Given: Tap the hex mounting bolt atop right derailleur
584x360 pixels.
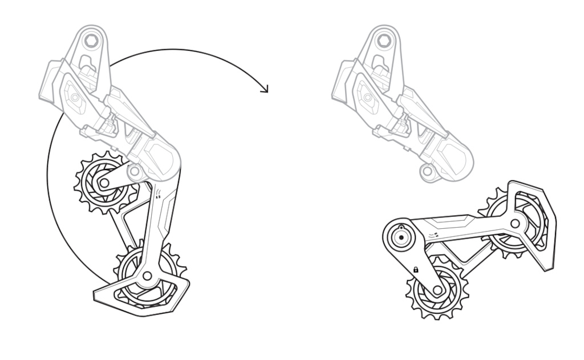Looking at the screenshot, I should (384, 41).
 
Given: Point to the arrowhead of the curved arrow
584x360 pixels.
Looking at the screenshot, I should (265, 89).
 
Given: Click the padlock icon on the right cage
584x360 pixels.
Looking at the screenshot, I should (416, 270).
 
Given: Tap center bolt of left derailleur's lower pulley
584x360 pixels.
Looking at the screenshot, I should (147, 276).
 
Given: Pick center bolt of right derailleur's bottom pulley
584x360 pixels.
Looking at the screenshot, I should (437, 290).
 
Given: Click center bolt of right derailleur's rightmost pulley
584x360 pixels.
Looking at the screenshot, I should (515, 224).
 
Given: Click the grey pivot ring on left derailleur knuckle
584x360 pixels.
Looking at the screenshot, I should (134, 171).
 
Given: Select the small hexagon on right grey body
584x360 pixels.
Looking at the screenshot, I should (368, 98).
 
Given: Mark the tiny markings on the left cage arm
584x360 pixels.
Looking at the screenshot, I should (158, 193).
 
